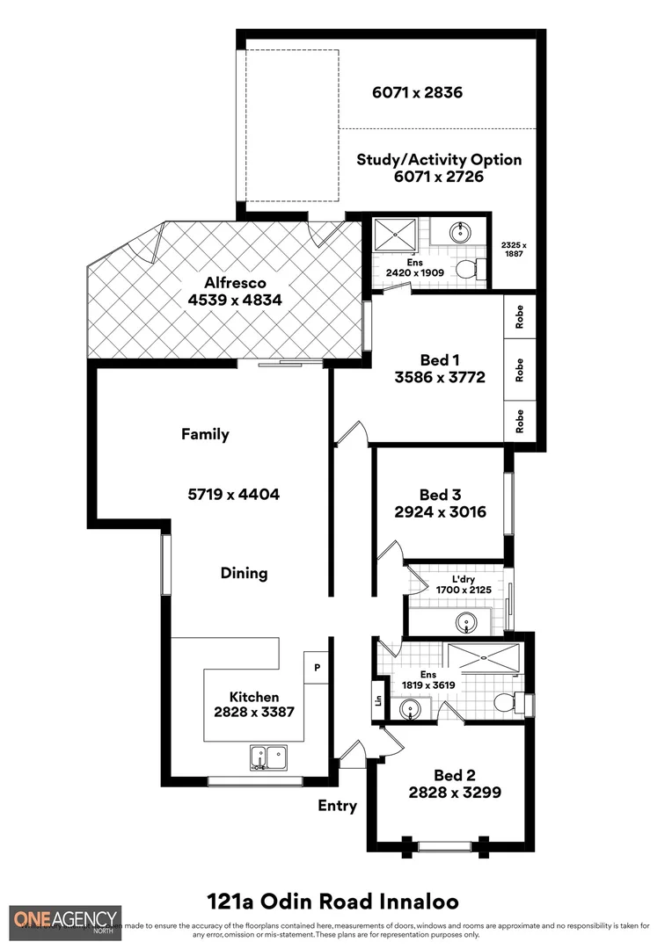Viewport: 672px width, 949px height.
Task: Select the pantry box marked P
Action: click(x=316, y=668)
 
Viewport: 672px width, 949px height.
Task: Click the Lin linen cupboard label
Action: click(x=379, y=700)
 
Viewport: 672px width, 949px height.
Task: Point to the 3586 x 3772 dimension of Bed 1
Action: click(x=440, y=378)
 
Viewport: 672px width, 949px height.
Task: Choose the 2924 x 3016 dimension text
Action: click(x=440, y=512)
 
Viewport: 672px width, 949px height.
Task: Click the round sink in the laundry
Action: click(x=465, y=622)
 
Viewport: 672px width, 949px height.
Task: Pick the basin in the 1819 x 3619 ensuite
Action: click(x=410, y=708)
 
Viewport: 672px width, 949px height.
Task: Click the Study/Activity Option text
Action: click(x=439, y=160)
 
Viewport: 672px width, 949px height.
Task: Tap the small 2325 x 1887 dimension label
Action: click(x=513, y=250)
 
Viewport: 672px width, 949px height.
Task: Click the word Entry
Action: click(x=338, y=806)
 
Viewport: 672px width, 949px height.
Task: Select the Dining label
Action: click(x=244, y=573)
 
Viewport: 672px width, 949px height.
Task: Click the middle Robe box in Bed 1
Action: click(x=520, y=369)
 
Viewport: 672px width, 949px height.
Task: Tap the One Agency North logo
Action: click(x=66, y=923)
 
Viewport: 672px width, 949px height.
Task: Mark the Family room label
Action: click(x=205, y=434)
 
